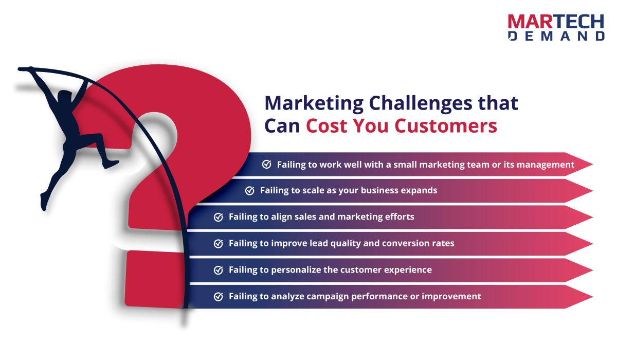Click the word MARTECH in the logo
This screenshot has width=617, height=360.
[556, 22]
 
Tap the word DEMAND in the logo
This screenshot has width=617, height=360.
[556, 36]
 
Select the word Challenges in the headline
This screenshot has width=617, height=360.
[421, 104]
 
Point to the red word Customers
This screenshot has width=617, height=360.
[446, 126]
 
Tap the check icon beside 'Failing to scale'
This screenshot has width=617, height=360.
[250, 190]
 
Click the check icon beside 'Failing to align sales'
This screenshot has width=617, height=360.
[219, 217]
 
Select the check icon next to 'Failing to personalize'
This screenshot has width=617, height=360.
[219, 270]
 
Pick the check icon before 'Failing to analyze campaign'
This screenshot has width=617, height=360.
[219, 296]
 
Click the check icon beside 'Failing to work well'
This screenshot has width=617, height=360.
[267, 164]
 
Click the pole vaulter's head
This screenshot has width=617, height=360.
[65, 97]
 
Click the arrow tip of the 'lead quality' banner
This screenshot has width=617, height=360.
[592, 244]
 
